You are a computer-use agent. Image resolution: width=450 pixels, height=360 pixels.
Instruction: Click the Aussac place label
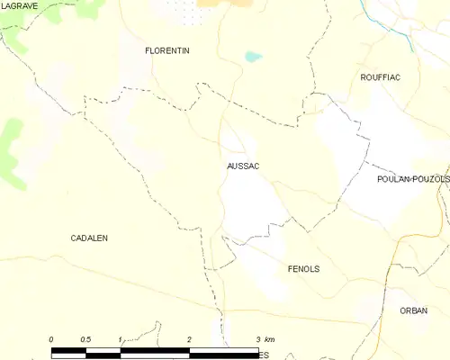pos(243,166)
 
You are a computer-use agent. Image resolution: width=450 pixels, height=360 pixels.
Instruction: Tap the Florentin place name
pos(167,51)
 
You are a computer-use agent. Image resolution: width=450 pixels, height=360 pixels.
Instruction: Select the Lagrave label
pos(19,5)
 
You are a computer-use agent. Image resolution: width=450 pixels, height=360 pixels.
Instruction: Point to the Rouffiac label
pos(380,77)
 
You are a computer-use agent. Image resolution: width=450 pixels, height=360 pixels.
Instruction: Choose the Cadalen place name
pos(89,238)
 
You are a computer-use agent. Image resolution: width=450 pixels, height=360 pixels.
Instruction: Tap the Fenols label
pos(303,269)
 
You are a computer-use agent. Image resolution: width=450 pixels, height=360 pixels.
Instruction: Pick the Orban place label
pos(414,310)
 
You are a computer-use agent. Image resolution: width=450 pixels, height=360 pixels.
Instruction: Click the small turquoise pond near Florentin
pos(253,57)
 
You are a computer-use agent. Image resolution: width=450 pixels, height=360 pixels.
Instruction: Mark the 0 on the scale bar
pos(52,339)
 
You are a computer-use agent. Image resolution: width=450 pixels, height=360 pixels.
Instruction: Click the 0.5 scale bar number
pos(85,339)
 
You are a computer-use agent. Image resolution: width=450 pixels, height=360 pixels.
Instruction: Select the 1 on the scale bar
pos(120,339)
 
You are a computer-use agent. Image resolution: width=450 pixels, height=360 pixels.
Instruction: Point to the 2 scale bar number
pos(189,339)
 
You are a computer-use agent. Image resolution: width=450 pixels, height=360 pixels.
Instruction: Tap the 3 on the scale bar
pos(257,339)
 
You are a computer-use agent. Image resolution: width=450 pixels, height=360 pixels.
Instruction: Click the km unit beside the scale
pos(271,339)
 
